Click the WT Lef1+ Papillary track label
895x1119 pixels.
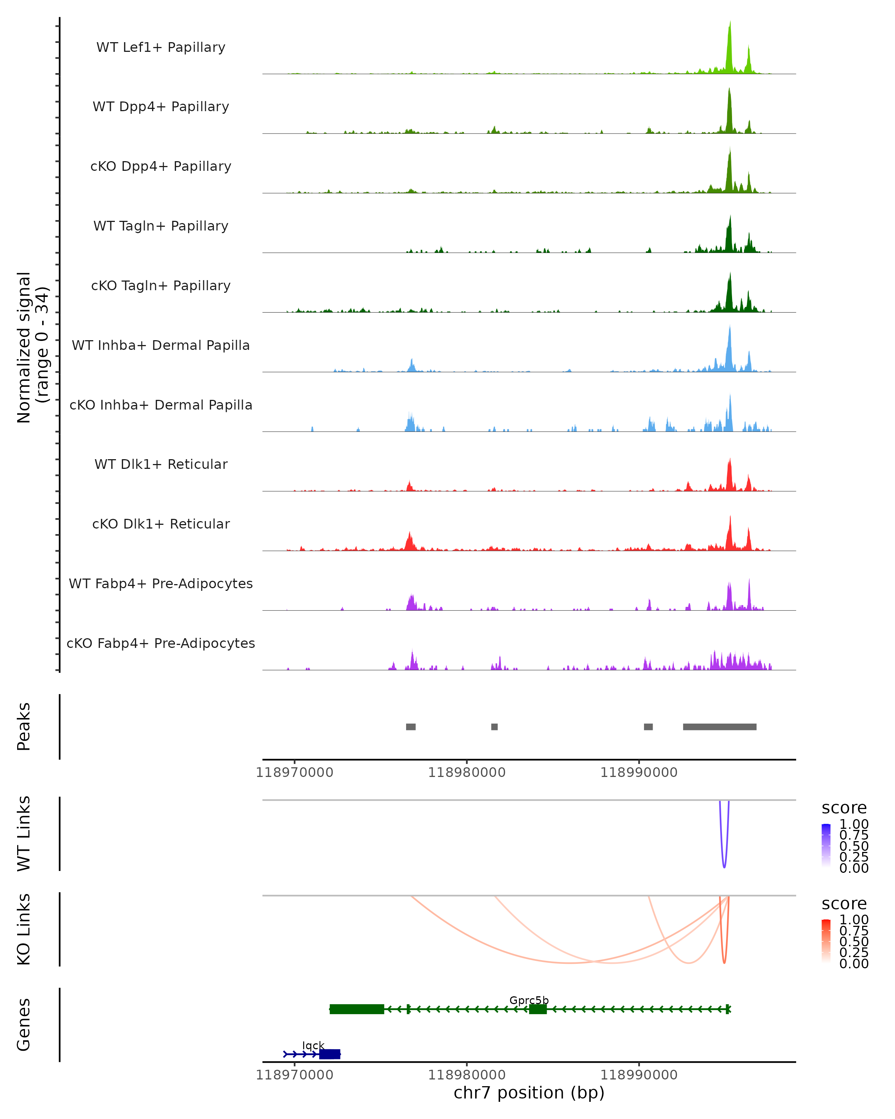(x=161, y=47)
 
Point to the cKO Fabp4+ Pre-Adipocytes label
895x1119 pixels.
(x=161, y=643)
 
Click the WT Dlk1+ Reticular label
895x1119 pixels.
(x=161, y=464)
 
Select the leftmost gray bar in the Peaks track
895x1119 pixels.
(x=411, y=727)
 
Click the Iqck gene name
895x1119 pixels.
(x=313, y=1045)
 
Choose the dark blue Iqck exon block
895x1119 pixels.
(x=329, y=1054)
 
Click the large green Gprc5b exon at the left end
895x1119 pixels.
(x=357, y=1009)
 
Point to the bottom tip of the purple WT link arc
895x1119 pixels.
(x=724, y=867)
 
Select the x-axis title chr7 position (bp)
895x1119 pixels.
(x=529, y=1093)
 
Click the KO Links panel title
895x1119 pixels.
(x=24, y=929)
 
